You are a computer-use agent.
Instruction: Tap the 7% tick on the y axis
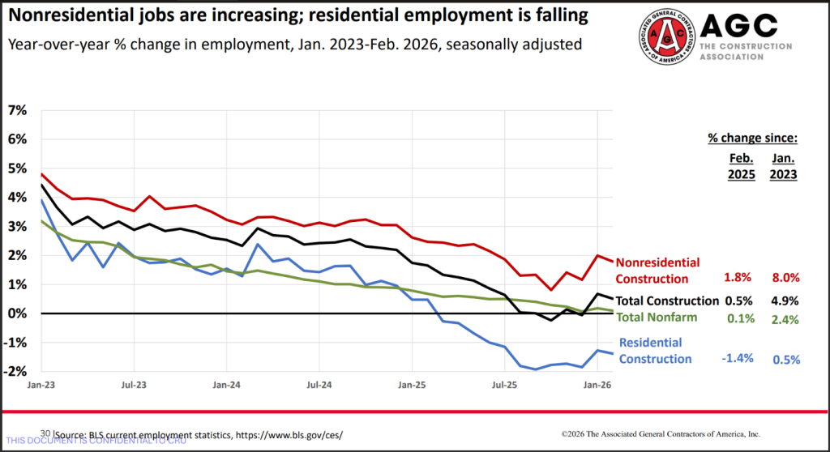(x=16, y=109)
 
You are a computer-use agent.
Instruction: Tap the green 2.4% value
(x=784, y=318)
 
